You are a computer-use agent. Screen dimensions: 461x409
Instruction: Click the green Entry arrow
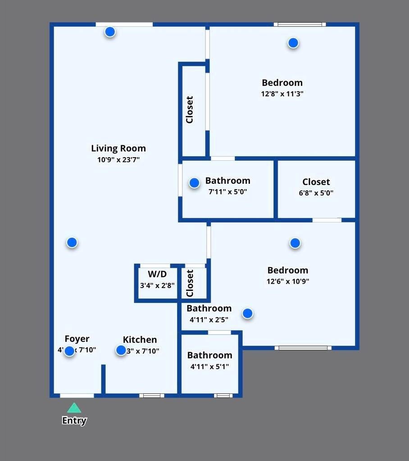tap(74, 408)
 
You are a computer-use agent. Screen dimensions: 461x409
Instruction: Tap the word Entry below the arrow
tap(74, 420)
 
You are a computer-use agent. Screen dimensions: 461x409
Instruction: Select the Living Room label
tap(118, 148)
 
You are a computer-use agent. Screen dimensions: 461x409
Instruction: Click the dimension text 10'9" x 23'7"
tap(118, 160)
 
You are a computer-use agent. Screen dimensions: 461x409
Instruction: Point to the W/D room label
tap(157, 274)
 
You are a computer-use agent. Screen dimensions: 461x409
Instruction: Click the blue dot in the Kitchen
tap(121, 350)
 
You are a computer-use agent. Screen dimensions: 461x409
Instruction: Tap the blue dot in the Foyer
tap(69, 351)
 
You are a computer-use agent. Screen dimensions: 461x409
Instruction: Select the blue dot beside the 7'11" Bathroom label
tap(194, 183)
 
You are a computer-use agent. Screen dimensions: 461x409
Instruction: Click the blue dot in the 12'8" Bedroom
tap(293, 43)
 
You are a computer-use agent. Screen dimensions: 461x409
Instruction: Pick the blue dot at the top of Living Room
tap(110, 32)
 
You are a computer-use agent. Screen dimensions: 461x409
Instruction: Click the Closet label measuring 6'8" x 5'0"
tap(316, 182)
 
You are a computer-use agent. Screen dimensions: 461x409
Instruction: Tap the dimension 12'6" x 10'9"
tap(288, 281)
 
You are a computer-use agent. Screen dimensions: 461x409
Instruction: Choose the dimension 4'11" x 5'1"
tap(209, 366)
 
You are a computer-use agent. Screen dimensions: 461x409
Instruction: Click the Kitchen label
tap(140, 339)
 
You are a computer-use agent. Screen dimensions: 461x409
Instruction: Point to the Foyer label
tap(77, 339)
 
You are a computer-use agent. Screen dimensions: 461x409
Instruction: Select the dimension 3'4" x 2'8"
tap(157, 285)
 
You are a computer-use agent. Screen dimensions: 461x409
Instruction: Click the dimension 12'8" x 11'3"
tap(282, 94)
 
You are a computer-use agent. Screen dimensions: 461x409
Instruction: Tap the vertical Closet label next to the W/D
tap(190, 283)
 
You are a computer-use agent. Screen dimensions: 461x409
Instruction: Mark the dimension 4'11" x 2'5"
tap(209, 320)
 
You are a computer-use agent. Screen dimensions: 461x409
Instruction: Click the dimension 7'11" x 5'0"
tap(227, 192)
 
